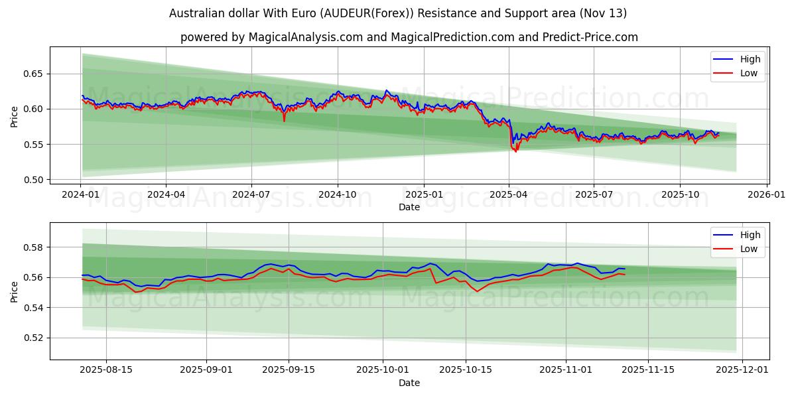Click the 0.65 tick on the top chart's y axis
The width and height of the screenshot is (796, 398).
(x=33, y=74)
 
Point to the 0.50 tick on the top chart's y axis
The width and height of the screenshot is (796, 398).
(x=33, y=180)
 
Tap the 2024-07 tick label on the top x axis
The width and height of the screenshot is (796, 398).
(x=251, y=194)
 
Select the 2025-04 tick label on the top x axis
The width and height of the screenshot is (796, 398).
(x=509, y=194)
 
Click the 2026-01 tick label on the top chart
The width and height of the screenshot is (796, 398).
(x=767, y=194)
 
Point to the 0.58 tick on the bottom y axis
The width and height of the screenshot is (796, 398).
(x=33, y=247)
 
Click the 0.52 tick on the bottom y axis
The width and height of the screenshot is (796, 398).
(x=33, y=338)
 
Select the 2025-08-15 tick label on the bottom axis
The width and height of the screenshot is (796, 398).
(x=106, y=370)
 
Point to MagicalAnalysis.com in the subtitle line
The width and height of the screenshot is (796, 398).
(x=306, y=37)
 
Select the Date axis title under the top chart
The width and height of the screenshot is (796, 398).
(x=409, y=207)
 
